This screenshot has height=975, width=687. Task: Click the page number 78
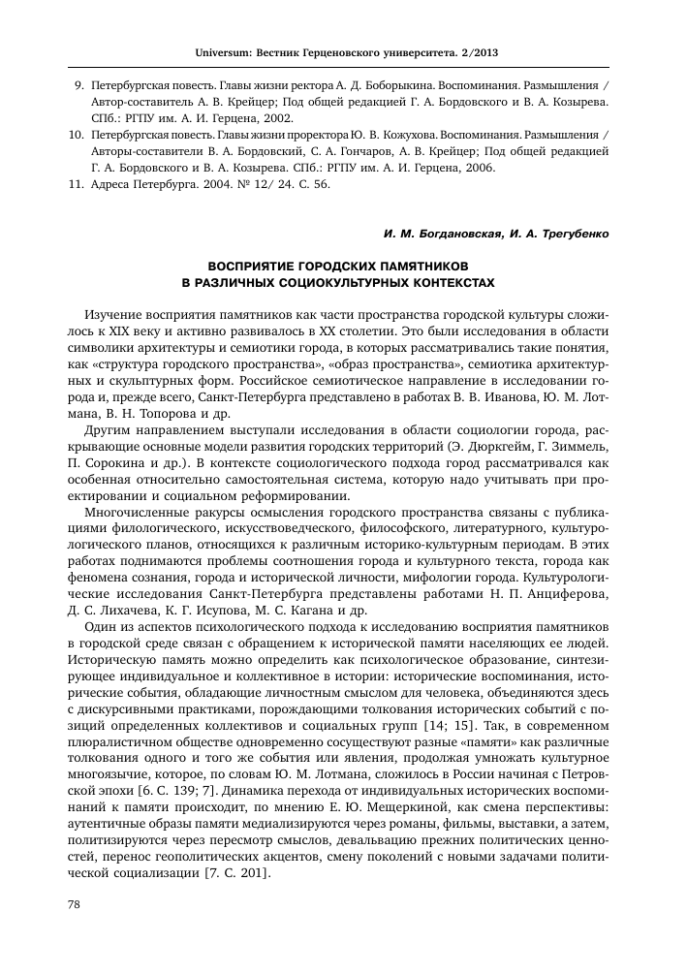73,931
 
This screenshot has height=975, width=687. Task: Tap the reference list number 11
78,184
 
